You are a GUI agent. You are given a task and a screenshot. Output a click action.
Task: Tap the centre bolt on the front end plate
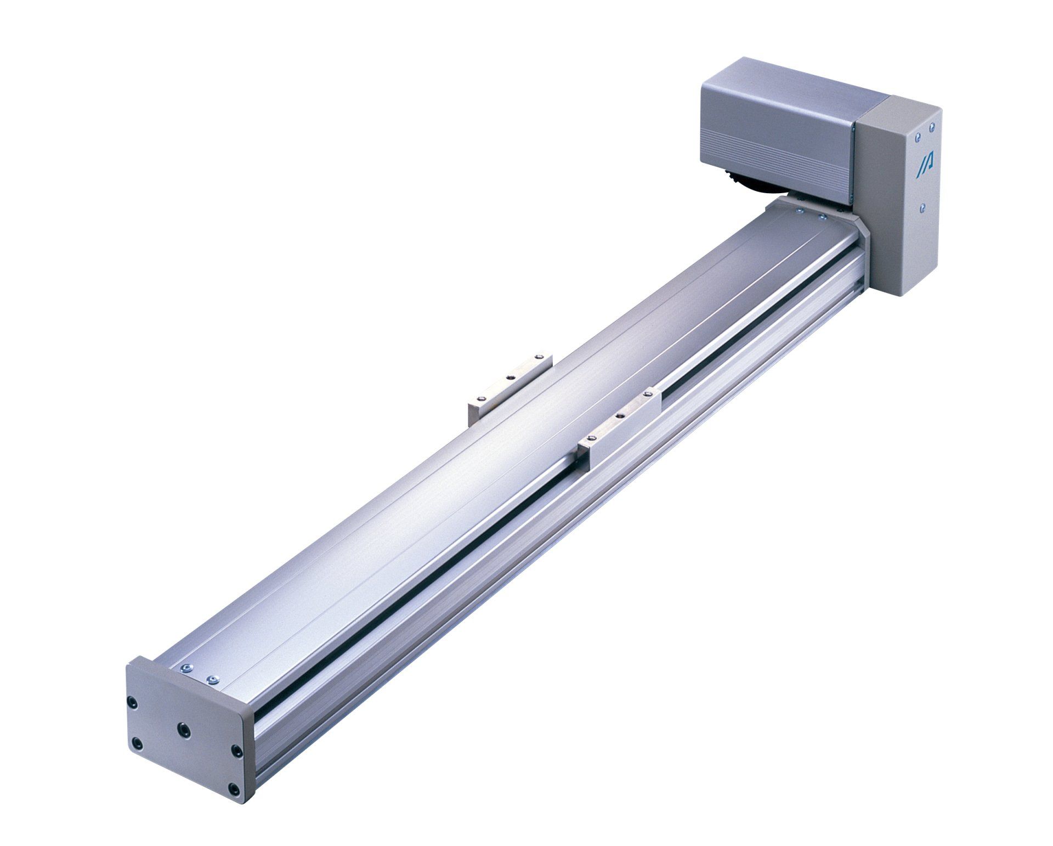click(184, 729)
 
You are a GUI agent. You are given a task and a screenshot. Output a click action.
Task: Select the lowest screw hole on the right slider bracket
click(591, 437)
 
